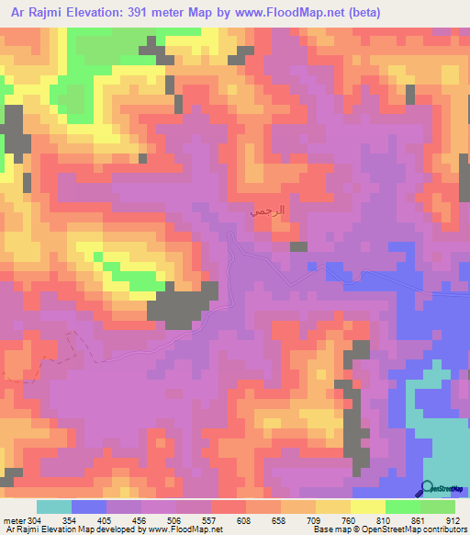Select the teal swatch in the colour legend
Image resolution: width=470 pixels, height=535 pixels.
[x=54, y=507]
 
